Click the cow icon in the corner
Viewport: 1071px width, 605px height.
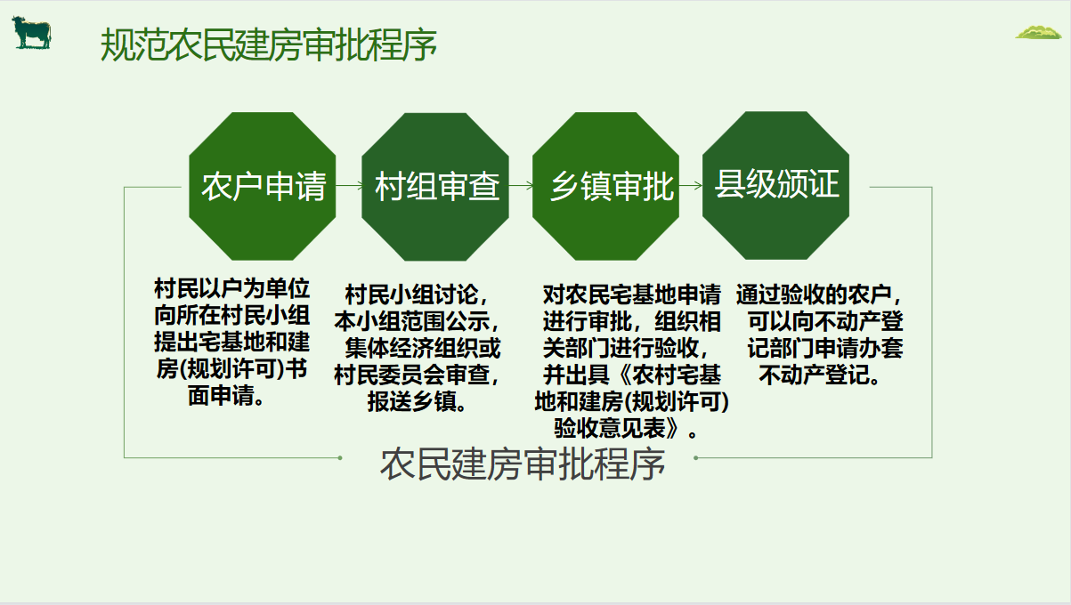31,32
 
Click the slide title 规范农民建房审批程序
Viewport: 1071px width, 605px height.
269,44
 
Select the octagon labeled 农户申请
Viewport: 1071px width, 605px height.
263,186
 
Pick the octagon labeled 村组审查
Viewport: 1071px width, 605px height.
435,187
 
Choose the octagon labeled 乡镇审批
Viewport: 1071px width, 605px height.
605,186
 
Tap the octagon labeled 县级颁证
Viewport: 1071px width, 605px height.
776,185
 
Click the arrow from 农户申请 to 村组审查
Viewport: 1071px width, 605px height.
349,185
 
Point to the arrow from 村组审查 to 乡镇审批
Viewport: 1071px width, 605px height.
521,185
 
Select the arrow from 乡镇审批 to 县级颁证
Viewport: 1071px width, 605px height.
691,185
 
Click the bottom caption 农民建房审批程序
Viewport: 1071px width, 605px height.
523,464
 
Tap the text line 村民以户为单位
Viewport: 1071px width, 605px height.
231,288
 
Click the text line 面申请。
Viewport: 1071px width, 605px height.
225,396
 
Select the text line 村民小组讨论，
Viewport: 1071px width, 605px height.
417,294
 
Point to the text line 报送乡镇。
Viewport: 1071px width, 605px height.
417,402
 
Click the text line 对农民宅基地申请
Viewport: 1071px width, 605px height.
631,294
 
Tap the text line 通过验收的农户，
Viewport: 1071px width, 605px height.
819,294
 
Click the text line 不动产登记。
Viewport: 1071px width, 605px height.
820,375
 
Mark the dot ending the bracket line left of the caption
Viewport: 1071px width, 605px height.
340,458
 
